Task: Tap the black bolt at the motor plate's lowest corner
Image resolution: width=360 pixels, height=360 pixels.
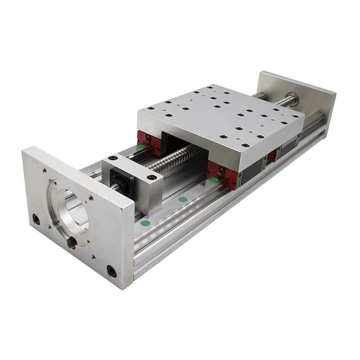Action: (x=111, y=271)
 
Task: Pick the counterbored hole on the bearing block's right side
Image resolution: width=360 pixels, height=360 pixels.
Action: (x=153, y=177)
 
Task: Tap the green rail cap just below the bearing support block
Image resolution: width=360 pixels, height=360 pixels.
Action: (x=182, y=199)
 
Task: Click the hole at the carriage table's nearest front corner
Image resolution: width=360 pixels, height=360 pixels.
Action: (x=245, y=145)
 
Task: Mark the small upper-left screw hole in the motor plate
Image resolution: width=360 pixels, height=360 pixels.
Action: (x=44, y=171)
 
